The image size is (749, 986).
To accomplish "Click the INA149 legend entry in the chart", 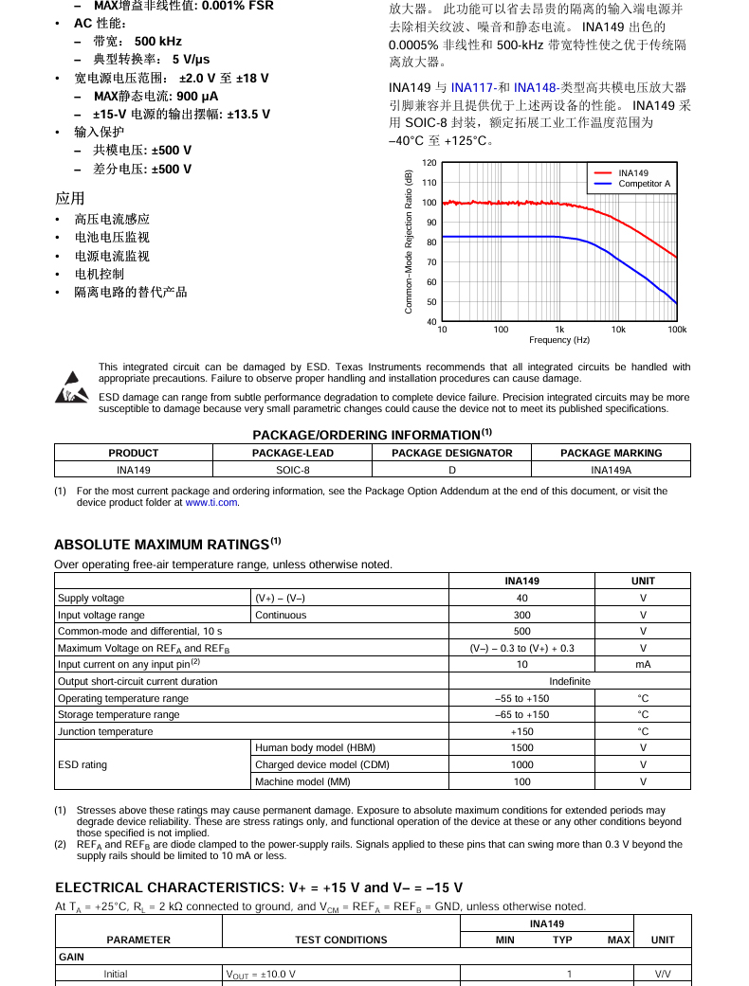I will click(632, 173).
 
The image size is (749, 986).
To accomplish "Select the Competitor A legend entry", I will click(644, 184).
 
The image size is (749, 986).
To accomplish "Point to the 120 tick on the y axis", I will click(429, 163).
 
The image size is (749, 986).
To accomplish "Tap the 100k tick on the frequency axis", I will click(676, 330).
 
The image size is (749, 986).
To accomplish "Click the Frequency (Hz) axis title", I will click(559, 340).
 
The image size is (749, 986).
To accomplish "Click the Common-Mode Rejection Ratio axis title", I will click(409, 242).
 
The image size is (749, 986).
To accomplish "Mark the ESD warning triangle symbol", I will click(71, 387).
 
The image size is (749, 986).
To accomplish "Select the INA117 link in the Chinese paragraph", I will click(471, 87).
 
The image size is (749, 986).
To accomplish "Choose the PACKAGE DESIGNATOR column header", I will click(451, 453).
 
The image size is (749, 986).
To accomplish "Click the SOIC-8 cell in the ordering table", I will click(293, 470).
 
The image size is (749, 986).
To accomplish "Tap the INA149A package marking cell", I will click(611, 470).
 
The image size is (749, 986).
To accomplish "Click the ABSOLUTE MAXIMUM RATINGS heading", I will click(162, 545).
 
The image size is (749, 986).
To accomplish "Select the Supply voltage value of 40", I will click(521, 599).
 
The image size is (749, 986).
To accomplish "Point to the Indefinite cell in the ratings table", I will click(569, 682).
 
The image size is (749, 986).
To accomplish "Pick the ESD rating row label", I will click(82, 765).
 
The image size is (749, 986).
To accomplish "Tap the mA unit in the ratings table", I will click(643, 665).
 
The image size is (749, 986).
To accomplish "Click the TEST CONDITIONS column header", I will click(340, 940).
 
